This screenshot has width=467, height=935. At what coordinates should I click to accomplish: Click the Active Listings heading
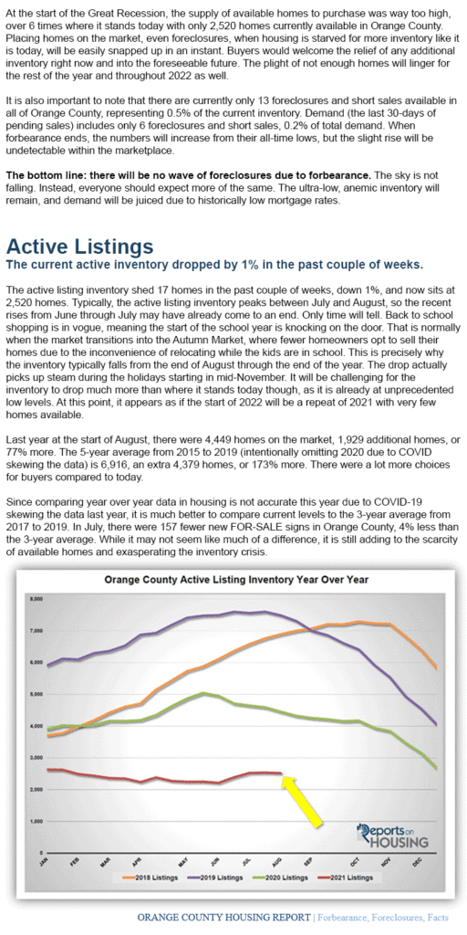pos(80,247)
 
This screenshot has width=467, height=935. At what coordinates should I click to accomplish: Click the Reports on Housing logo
pos(392,835)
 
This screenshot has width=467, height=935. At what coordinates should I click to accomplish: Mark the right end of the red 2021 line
pos(281,773)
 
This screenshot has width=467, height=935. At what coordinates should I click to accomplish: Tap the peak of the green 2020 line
pos(203,693)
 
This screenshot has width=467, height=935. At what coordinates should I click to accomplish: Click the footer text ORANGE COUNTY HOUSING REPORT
pos(223,917)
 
